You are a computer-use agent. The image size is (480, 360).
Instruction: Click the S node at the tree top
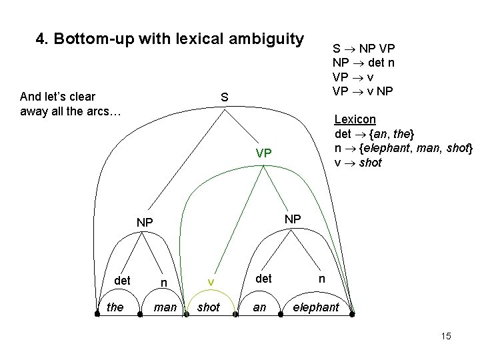pos(225,97)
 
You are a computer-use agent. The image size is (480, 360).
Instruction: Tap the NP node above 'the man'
pos(145,222)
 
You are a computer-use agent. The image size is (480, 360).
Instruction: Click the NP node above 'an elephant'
pos(293,219)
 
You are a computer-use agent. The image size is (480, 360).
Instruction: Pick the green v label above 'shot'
pos(209,282)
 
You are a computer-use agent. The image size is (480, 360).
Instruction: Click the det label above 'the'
pos(122,280)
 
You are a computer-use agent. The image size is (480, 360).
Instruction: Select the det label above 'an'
pos(264,278)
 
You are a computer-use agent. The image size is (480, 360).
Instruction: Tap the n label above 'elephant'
pos(321,278)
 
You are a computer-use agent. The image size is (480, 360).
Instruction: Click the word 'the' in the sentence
pos(115,308)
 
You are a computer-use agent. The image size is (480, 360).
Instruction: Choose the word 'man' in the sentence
pos(165,308)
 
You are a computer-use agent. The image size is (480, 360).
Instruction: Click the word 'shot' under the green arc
pos(209,308)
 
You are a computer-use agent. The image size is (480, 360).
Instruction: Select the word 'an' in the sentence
pos(260,308)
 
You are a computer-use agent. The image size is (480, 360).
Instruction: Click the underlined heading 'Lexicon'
pos(355,119)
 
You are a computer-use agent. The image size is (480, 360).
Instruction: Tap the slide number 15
pos(445,336)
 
